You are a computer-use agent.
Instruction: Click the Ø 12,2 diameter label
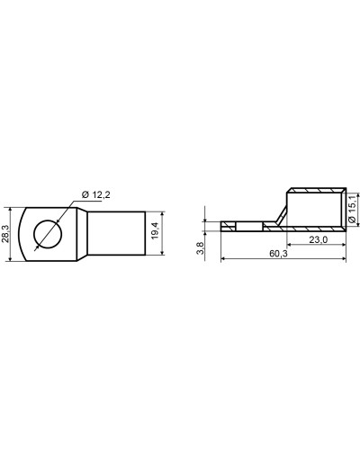tap(95, 194)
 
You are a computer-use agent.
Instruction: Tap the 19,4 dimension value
tap(155, 230)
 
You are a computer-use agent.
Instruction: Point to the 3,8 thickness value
tap(200, 248)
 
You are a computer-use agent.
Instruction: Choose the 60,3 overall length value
tap(278, 254)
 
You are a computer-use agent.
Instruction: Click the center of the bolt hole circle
tap(48, 234)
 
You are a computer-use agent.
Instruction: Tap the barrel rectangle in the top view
tap(116, 233)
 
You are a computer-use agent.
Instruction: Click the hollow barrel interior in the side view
tap(314, 210)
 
